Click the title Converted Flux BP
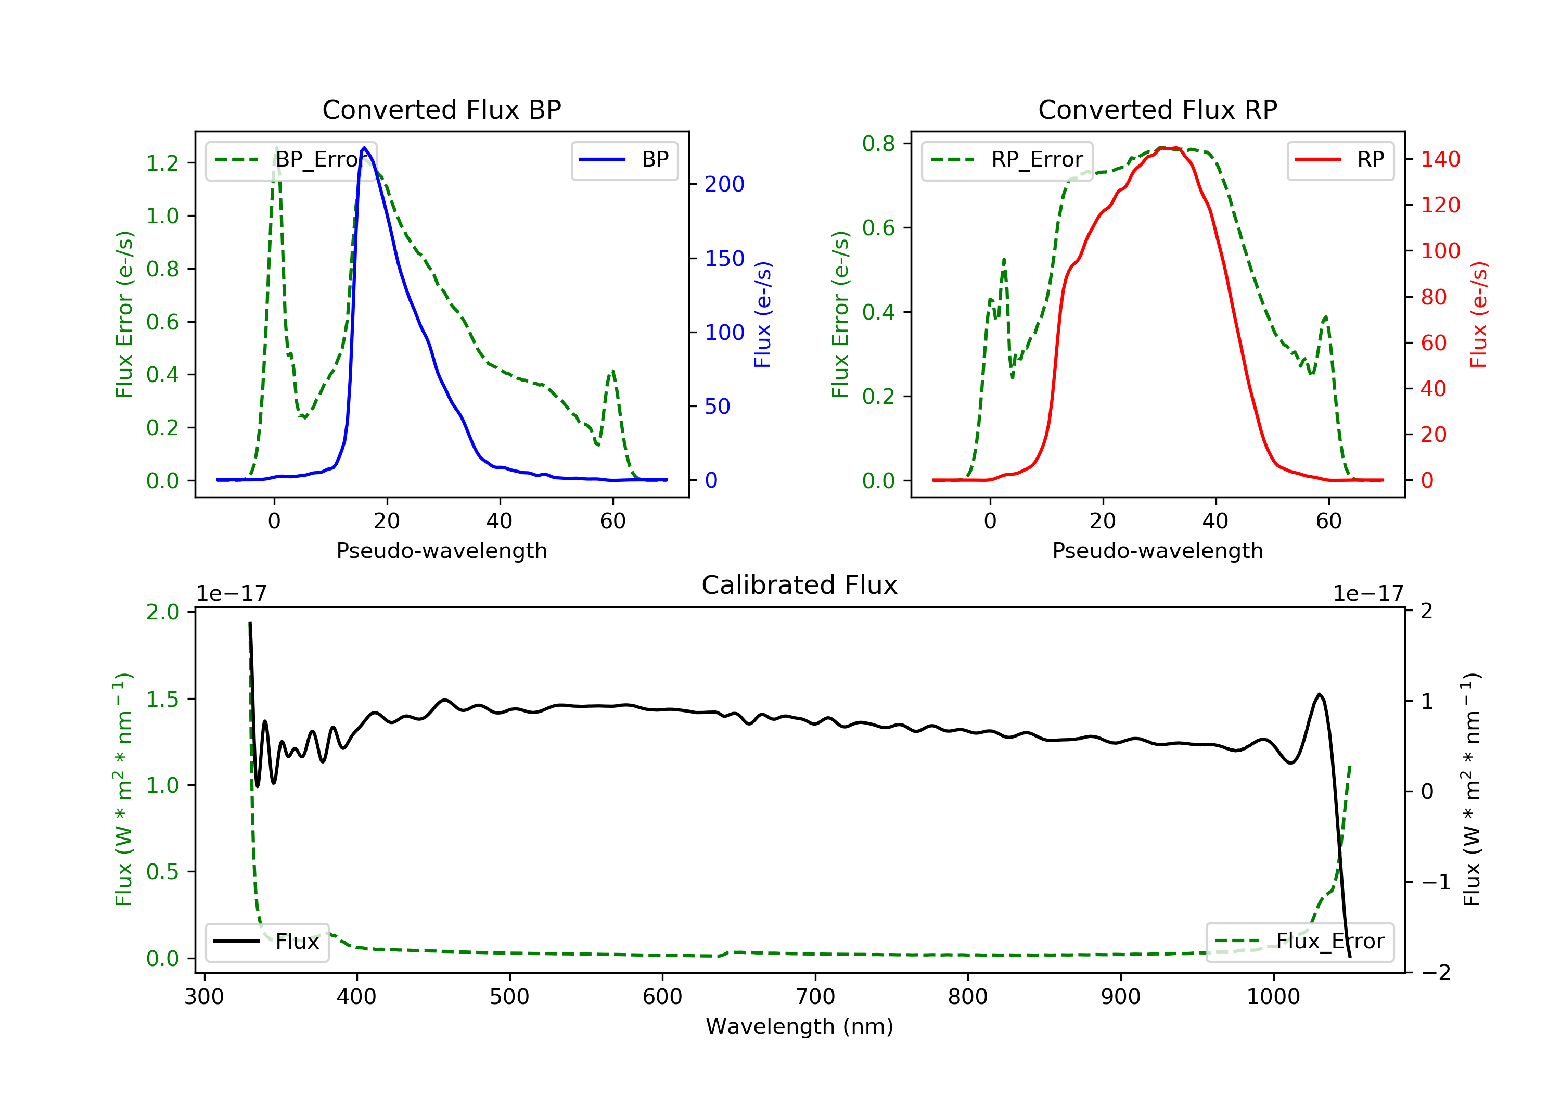[441, 109]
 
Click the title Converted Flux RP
[1157, 109]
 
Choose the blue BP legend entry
[624, 160]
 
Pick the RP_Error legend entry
[1007, 160]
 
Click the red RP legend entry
[1340, 160]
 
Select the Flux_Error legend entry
[1299, 942]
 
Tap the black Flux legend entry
[267, 942]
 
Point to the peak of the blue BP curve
[364, 148]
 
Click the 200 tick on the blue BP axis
[724, 184]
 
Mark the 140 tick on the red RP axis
[1440, 159]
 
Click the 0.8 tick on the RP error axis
[878, 144]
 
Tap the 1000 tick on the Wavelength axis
[1273, 997]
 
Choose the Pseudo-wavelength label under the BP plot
[441, 550]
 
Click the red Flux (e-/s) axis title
[1479, 314]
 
